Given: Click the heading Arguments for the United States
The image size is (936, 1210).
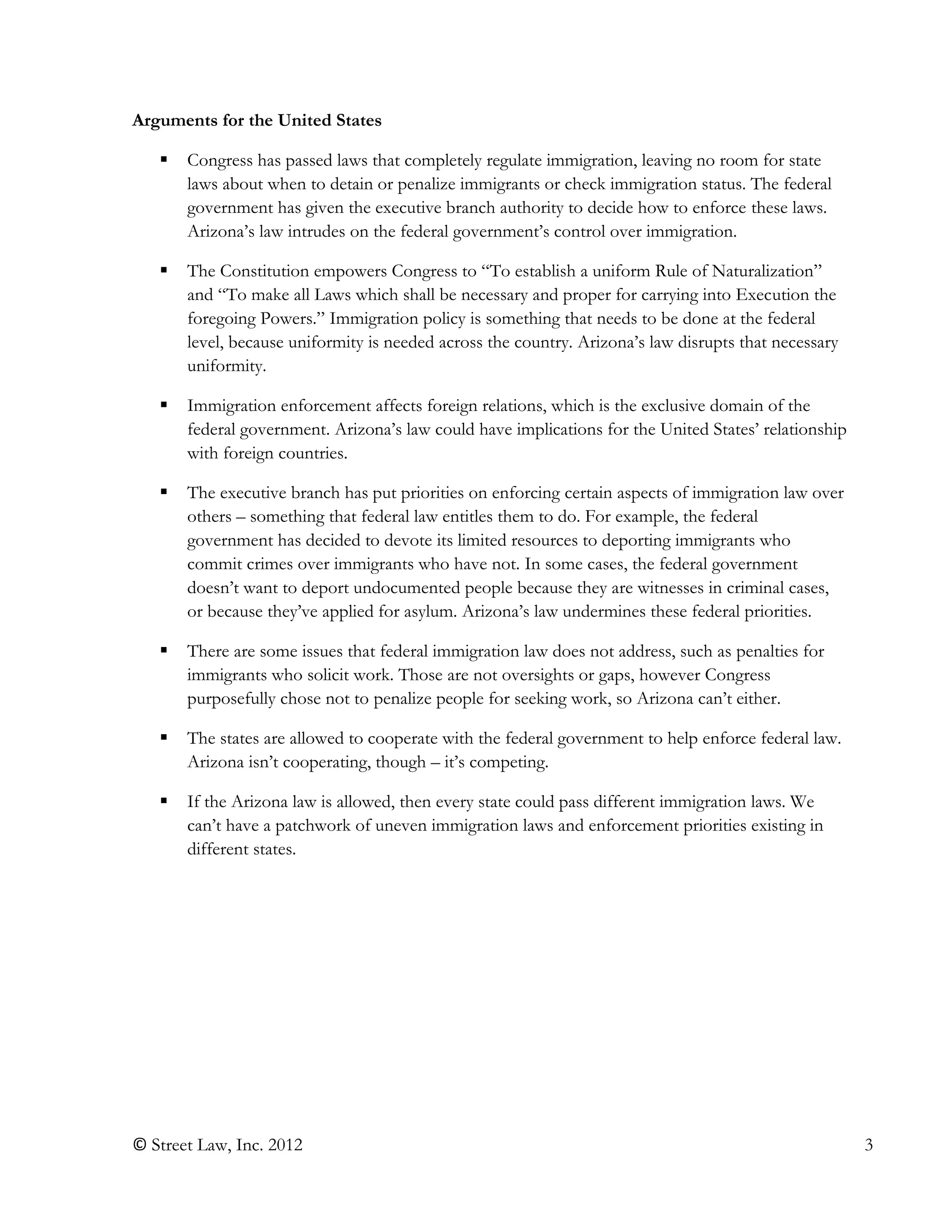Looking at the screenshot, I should click(x=256, y=121).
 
